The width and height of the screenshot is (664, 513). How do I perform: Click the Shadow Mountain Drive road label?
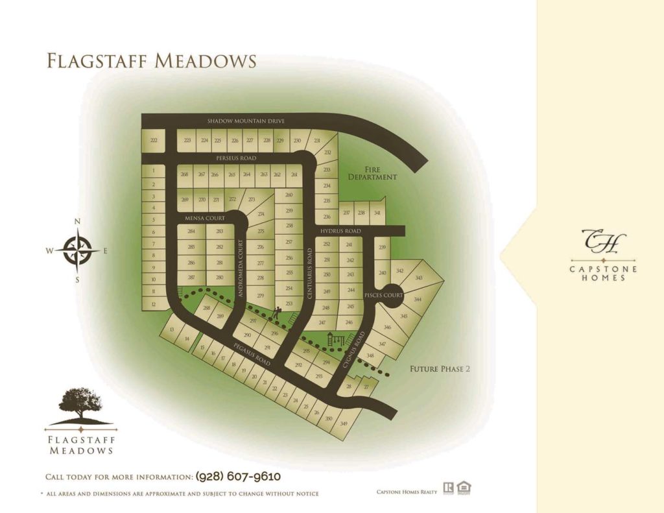pos(246,121)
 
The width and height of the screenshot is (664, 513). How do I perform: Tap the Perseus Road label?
pos(235,158)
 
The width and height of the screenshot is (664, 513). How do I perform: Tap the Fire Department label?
pos(372,173)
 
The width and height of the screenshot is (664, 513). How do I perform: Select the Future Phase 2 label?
pos(439,369)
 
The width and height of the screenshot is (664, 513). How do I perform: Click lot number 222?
pos(154,141)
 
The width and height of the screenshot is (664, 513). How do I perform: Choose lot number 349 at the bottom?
pos(344,424)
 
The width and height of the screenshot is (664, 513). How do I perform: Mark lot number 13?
pos(172,331)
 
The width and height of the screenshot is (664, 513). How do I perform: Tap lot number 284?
pos(191,232)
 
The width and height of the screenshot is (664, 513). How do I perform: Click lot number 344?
pos(418,300)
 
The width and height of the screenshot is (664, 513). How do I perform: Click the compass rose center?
pos(77,250)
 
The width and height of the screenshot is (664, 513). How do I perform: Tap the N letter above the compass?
pos(78,222)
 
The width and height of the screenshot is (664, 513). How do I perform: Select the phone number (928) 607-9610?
pos(238,477)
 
